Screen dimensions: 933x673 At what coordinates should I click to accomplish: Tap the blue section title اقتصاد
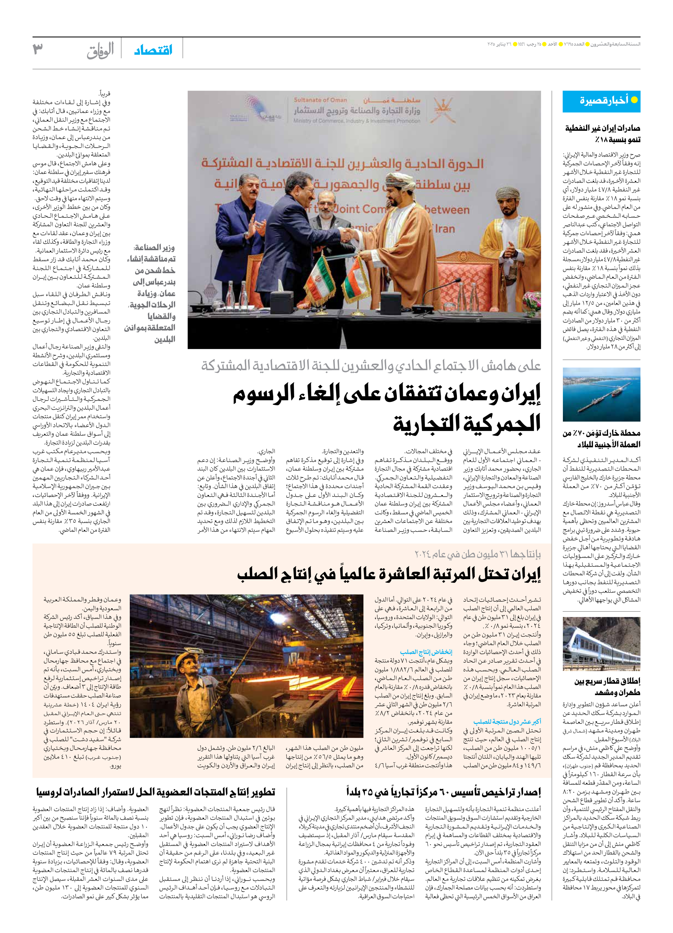pyautogui.click(x=153, y=50)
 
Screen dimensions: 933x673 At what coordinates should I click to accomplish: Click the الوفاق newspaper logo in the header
pyautogui.click(x=100, y=51)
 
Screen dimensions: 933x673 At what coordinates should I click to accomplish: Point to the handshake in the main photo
pyautogui.click(x=351, y=235)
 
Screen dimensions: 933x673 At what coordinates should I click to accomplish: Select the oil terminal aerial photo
pyautogui.click(x=601, y=394)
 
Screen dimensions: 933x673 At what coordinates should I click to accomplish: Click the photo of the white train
pyautogui.click(x=601, y=644)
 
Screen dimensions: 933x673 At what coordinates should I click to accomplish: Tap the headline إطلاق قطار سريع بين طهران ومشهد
pyautogui.click(x=607, y=687)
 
